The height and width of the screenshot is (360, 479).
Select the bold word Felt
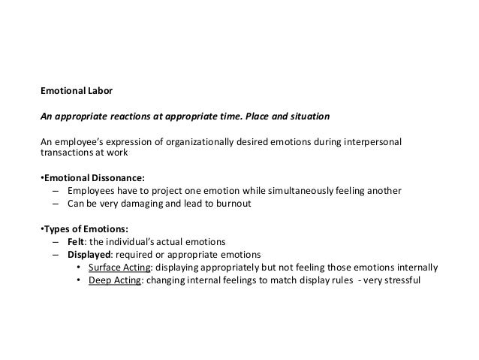pyautogui.click(x=77, y=241)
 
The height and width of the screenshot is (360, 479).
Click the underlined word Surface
pyautogui.click(x=104, y=268)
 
